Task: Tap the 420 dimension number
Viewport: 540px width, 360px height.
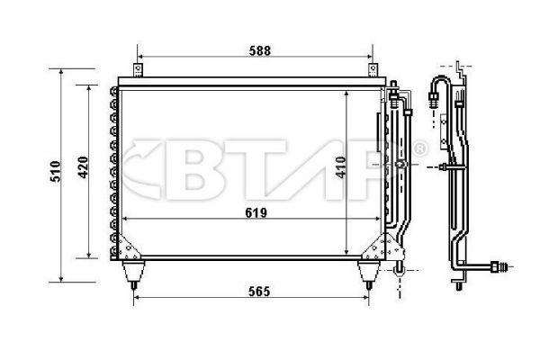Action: pos(83,168)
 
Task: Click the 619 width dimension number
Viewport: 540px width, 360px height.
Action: pos(256,213)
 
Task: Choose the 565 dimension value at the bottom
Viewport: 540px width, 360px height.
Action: pos(256,292)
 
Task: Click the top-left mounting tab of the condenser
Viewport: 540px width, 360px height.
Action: pos(138,69)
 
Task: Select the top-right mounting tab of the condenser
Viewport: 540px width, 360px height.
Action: pos(372,69)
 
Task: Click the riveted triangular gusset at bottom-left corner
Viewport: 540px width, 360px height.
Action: pos(128,246)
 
